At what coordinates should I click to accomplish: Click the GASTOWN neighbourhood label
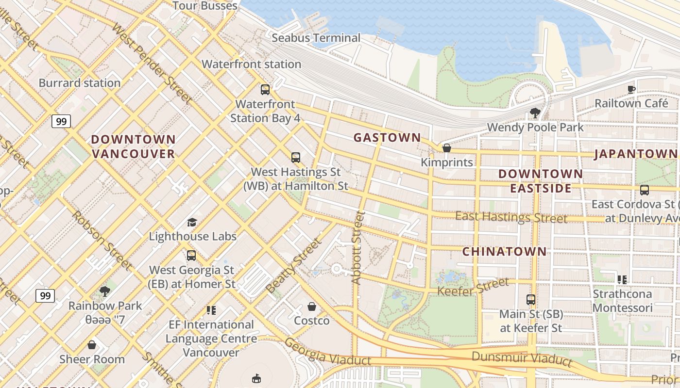[x=387, y=138]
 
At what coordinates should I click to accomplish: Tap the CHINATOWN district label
[x=504, y=252]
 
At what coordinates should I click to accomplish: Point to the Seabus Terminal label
[x=316, y=38]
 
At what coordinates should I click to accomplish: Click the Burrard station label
[x=80, y=83]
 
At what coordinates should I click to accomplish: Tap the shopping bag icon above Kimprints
[x=446, y=148]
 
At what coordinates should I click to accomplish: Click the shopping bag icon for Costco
[x=312, y=307]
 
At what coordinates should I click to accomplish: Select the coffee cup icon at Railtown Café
[x=631, y=89]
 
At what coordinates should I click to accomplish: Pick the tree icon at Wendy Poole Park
[x=535, y=113]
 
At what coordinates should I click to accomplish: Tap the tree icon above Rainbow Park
[x=104, y=291]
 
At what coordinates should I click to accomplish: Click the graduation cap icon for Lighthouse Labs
[x=192, y=222]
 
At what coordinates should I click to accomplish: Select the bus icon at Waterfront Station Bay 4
[x=265, y=90]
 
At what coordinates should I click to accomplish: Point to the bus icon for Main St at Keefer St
[x=531, y=300]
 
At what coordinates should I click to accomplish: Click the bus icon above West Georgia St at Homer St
[x=191, y=255]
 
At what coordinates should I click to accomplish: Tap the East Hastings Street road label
[x=511, y=217]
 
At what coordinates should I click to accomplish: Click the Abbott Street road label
[x=358, y=247]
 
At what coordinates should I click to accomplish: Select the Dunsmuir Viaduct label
[x=522, y=359]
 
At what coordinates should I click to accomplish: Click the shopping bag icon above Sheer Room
[x=92, y=345]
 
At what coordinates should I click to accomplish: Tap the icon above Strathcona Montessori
[x=622, y=279]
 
